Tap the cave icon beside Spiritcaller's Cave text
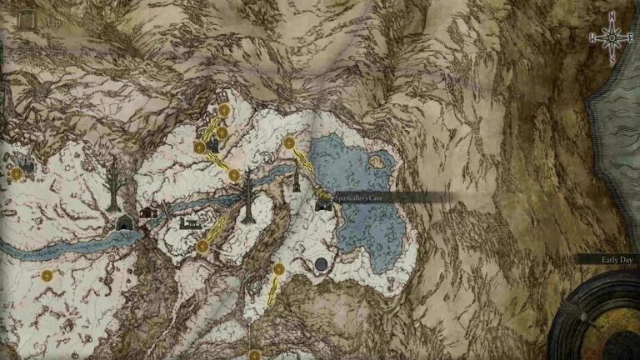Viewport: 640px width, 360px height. point(323,203)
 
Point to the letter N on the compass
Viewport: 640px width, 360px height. point(612,15)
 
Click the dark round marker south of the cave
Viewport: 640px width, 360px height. point(321,265)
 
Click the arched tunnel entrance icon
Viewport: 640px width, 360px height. point(125,222)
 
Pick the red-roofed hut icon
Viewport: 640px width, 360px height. point(149,212)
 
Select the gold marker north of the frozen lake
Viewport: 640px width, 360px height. point(289,143)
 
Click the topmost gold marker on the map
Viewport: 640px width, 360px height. point(224,109)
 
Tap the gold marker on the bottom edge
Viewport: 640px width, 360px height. point(255,355)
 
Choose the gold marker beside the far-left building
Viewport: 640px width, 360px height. point(16,174)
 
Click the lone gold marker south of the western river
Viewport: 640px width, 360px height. point(47,275)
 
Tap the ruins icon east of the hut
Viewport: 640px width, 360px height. point(189,222)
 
